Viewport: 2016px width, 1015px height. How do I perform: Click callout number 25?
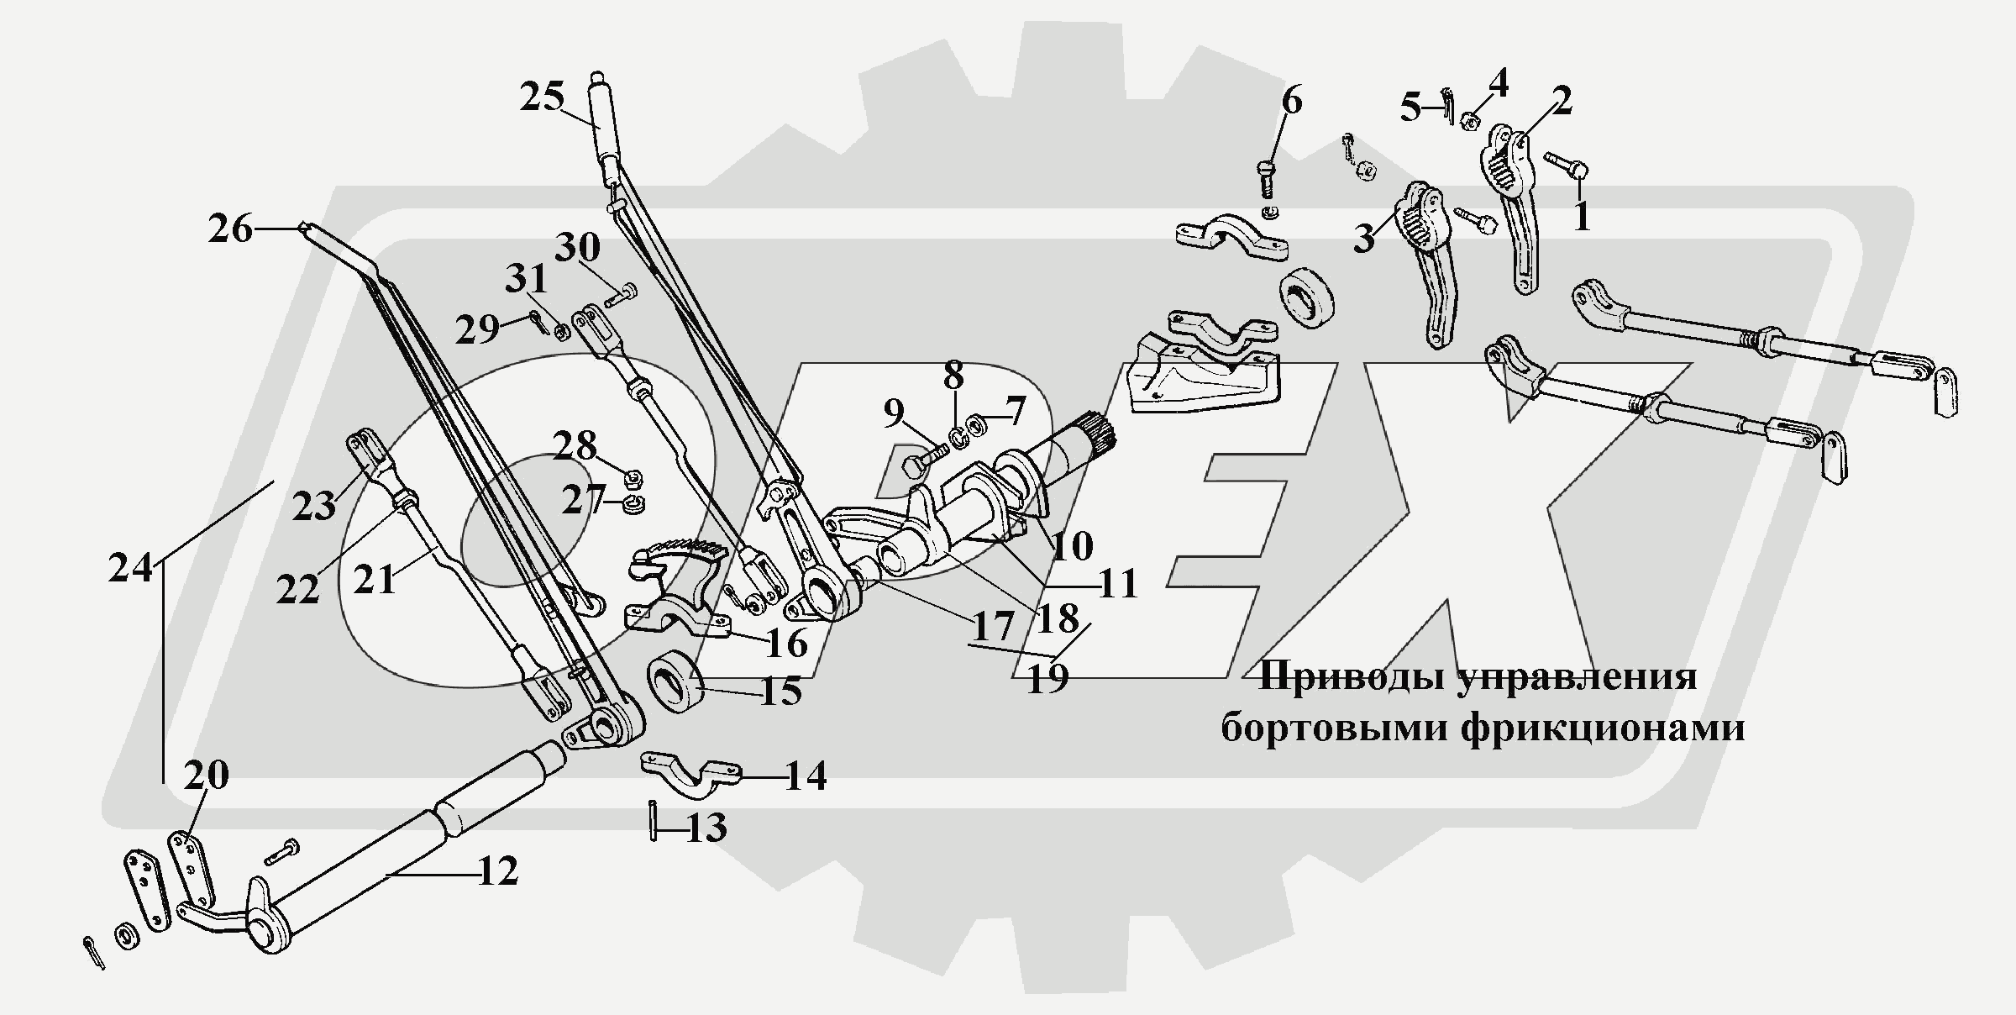[x=541, y=97]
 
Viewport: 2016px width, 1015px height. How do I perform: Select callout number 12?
[x=497, y=872]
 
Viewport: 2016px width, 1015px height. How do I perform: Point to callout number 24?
[x=131, y=568]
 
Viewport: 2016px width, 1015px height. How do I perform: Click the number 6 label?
[x=1291, y=102]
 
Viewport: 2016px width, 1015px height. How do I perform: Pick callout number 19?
[x=1047, y=678]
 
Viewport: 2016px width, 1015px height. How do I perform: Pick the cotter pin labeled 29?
[x=538, y=321]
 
